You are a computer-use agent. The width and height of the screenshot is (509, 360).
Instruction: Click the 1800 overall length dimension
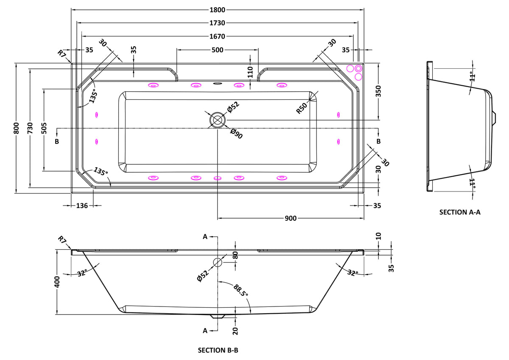tap(217, 10)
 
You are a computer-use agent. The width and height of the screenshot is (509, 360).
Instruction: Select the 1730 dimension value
tap(217, 23)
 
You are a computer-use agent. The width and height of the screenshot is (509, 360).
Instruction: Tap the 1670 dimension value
tap(217, 36)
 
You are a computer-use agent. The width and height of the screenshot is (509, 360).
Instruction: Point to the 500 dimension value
tap(218, 50)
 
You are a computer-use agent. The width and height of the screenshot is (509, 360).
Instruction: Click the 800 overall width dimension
tap(17, 128)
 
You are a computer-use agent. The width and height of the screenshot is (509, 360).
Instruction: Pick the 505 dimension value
tap(44, 128)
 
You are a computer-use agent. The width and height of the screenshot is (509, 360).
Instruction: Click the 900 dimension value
tap(291, 218)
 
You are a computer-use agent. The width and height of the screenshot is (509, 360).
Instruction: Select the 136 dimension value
tap(82, 205)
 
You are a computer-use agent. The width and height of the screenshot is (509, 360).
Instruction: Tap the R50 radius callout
tap(302, 108)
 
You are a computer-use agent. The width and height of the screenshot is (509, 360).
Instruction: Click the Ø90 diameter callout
tap(236, 134)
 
